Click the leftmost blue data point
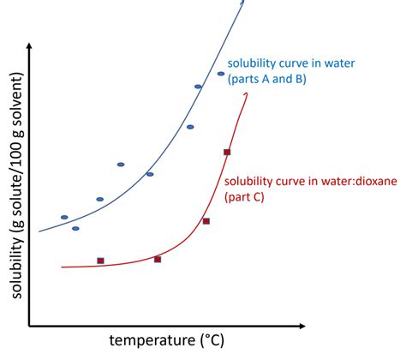pyautogui.click(x=64, y=217)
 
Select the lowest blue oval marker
pyautogui.click(x=75, y=228)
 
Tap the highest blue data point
pyautogui.click(x=220, y=74)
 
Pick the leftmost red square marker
pyautogui.click(x=100, y=261)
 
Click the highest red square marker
pyautogui.click(x=227, y=152)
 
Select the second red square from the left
pyautogui.click(x=158, y=259)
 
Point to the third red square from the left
pyautogui.click(x=206, y=221)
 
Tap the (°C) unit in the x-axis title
pyautogui.click(x=209, y=341)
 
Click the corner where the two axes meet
pyautogui.click(x=30, y=327)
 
